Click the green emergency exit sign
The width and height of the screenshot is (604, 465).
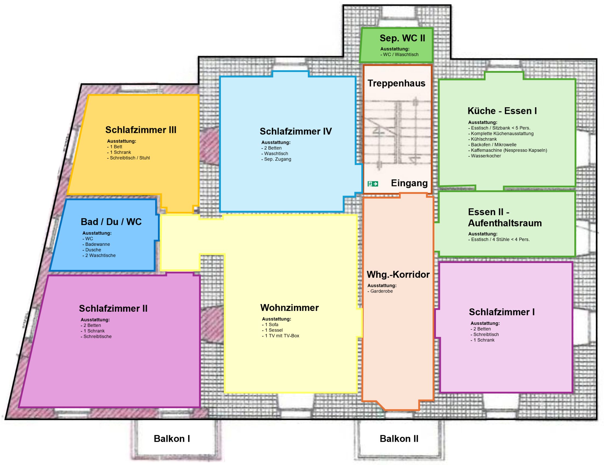[373, 184]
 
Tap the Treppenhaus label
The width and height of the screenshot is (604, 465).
[396, 83]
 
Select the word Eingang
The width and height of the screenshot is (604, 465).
[409, 183]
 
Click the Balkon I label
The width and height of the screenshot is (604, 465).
[172, 439]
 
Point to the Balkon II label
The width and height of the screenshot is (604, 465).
[399, 439]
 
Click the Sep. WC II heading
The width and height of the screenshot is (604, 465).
[402, 38]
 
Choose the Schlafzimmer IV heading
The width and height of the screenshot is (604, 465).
[296, 131]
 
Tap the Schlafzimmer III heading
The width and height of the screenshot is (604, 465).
[141, 130]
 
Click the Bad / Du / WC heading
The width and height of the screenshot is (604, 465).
[111, 222]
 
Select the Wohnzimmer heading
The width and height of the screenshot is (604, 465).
[289, 308]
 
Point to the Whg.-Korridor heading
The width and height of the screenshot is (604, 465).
[398, 275]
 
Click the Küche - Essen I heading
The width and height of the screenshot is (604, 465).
[502, 111]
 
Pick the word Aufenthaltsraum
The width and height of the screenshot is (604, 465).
[505, 223]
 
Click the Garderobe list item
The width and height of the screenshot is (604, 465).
[380, 291]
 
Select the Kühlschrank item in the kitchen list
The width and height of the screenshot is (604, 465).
[483, 139]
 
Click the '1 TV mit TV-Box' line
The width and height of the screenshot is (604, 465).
[281, 335]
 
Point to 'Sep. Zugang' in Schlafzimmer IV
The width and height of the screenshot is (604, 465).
[276, 159]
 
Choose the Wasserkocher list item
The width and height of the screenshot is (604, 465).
[485, 156]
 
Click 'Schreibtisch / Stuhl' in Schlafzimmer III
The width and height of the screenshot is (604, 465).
[129, 158]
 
